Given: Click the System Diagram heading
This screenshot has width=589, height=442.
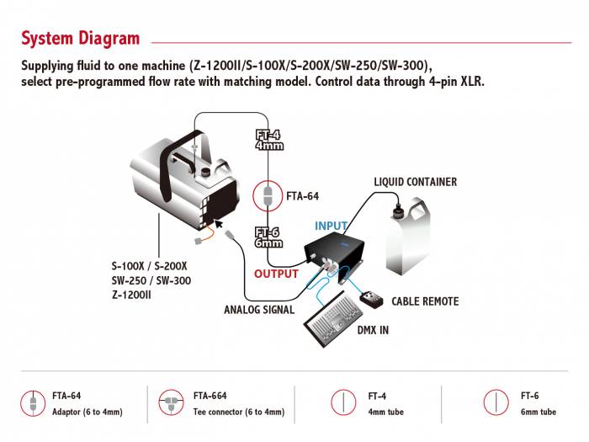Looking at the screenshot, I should click(80, 38).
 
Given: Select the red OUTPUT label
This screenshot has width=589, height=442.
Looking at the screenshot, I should click(277, 274).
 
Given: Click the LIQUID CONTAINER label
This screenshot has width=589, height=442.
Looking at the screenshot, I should click(416, 182).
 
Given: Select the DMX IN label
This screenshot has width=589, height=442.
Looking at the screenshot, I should click(372, 331).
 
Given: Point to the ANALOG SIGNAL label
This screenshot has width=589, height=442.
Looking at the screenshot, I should click(259, 310).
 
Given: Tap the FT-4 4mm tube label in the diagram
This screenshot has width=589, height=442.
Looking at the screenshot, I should click(268, 140).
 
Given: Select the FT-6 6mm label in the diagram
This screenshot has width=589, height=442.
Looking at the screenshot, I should click(268, 237).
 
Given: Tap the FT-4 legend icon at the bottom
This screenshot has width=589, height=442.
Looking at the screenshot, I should click(345, 401).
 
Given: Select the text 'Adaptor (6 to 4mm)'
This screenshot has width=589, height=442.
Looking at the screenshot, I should click(87, 413).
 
